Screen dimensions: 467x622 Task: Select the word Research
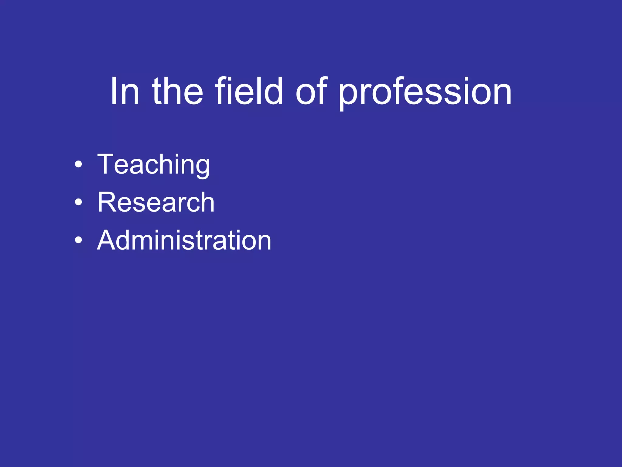point(156,202)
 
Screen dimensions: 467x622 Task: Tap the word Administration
point(184,240)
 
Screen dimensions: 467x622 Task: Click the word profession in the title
point(425,92)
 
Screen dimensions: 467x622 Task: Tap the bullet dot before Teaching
point(78,164)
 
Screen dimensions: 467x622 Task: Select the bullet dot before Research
point(78,202)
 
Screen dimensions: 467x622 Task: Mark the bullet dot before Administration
point(78,240)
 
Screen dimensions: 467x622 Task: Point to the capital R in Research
point(106,202)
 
